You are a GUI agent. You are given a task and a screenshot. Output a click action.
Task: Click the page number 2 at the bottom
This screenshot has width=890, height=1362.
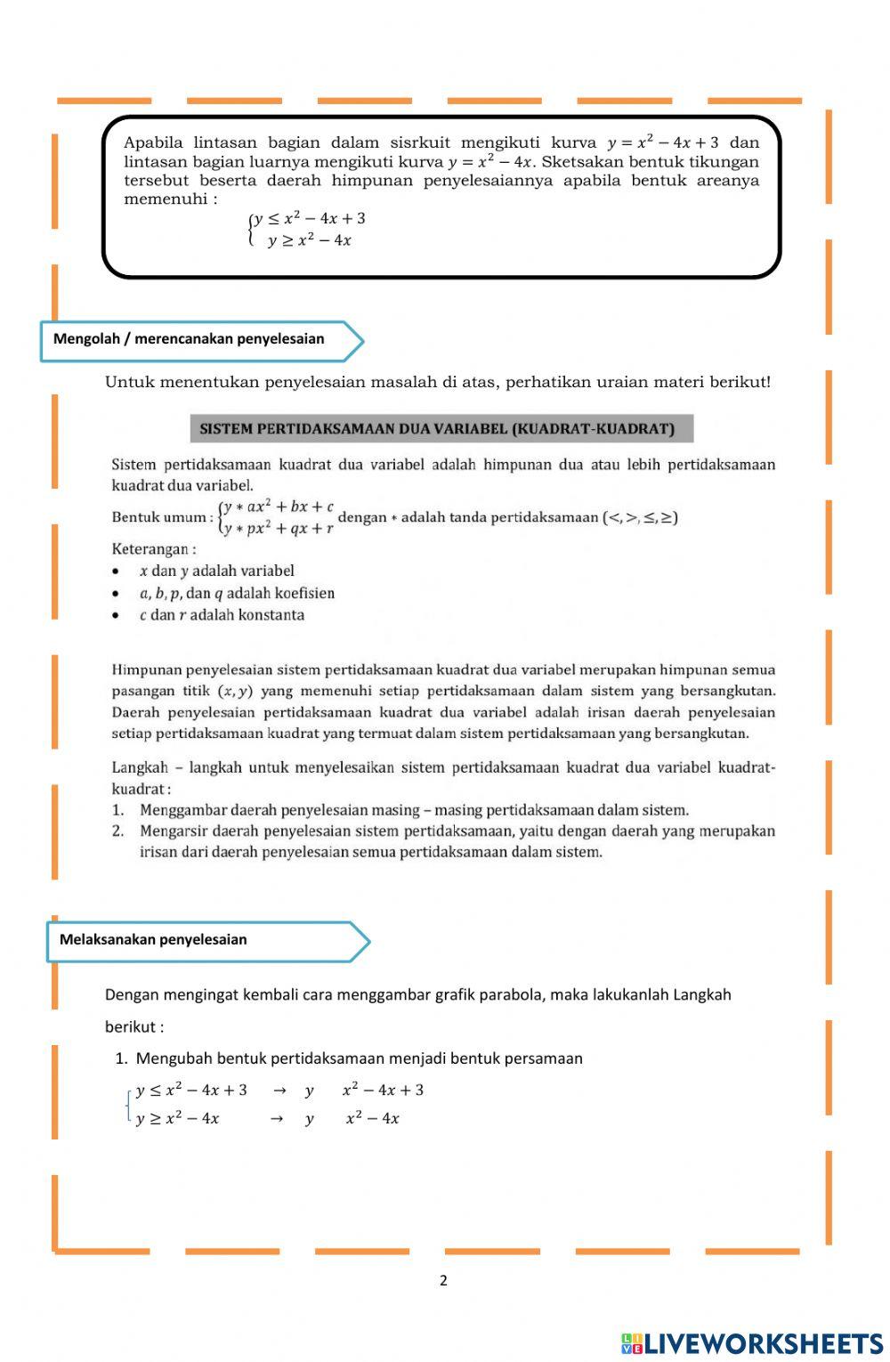[x=443, y=1281]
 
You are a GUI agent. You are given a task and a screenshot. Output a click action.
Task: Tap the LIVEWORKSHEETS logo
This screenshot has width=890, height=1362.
[x=751, y=1343]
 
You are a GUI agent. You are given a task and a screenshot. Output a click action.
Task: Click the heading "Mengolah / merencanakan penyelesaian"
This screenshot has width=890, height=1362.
[x=189, y=339]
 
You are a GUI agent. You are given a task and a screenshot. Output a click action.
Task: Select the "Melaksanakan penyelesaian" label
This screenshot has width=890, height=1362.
[x=153, y=940]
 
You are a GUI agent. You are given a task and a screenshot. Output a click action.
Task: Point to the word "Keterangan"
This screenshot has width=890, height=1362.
[x=150, y=549]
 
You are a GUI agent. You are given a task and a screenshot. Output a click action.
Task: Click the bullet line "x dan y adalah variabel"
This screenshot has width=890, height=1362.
[x=216, y=571]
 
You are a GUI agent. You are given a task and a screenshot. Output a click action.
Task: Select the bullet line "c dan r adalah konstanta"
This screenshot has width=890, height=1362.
[x=222, y=615]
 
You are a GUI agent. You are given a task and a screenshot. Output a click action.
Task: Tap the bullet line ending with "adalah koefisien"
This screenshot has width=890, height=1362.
[x=237, y=593]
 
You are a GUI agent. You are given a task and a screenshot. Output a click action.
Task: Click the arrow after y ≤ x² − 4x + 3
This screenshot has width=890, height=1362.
[x=279, y=1090]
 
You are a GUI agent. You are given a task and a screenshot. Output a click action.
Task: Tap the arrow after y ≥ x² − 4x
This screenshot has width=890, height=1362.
[x=277, y=1119]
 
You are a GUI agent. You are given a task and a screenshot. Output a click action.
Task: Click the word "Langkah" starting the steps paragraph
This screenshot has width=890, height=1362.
[x=139, y=767]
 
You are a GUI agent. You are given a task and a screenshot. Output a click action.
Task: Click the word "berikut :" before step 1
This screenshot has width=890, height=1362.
[x=134, y=1027]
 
